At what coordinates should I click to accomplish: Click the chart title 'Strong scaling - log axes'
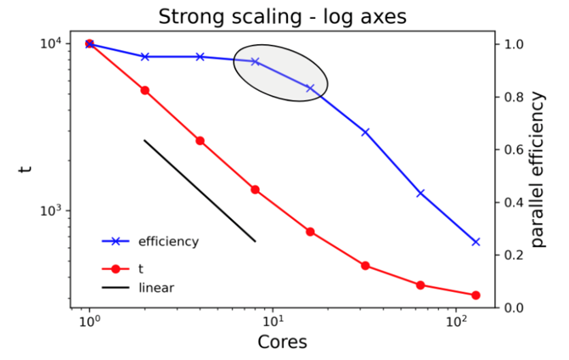(x=281, y=16)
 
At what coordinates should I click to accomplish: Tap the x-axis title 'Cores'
(x=282, y=342)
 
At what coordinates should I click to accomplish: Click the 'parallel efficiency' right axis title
(x=538, y=173)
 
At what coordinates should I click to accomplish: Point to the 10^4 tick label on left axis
(x=49, y=44)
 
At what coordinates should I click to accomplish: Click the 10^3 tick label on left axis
(x=49, y=211)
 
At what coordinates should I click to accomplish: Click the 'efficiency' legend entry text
(x=168, y=241)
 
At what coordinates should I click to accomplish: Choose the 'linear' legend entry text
(x=156, y=288)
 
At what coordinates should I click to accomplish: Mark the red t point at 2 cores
(x=145, y=90)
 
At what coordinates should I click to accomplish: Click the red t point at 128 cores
(x=476, y=295)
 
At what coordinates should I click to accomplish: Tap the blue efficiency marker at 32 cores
(x=365, y=132)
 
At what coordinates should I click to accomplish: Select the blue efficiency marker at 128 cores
(x=476, y=242)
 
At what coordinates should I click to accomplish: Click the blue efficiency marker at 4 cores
(x=200, y=57)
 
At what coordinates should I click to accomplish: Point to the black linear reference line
(x=200, y=191)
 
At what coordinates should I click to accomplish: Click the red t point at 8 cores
(x=256, y=189)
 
